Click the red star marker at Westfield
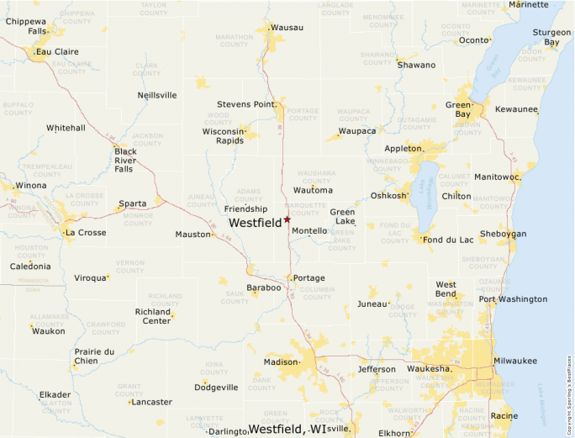287,219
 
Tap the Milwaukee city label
514,361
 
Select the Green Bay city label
458,110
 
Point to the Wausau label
287,28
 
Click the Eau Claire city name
57,51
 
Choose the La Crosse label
86,232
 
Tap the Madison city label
281,362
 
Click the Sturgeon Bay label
546,37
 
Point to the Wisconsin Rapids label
223,135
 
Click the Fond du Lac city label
450,240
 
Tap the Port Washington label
513,299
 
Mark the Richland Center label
153,316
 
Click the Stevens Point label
245,104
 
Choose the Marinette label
529,4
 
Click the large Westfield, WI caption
287,429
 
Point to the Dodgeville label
216,388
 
